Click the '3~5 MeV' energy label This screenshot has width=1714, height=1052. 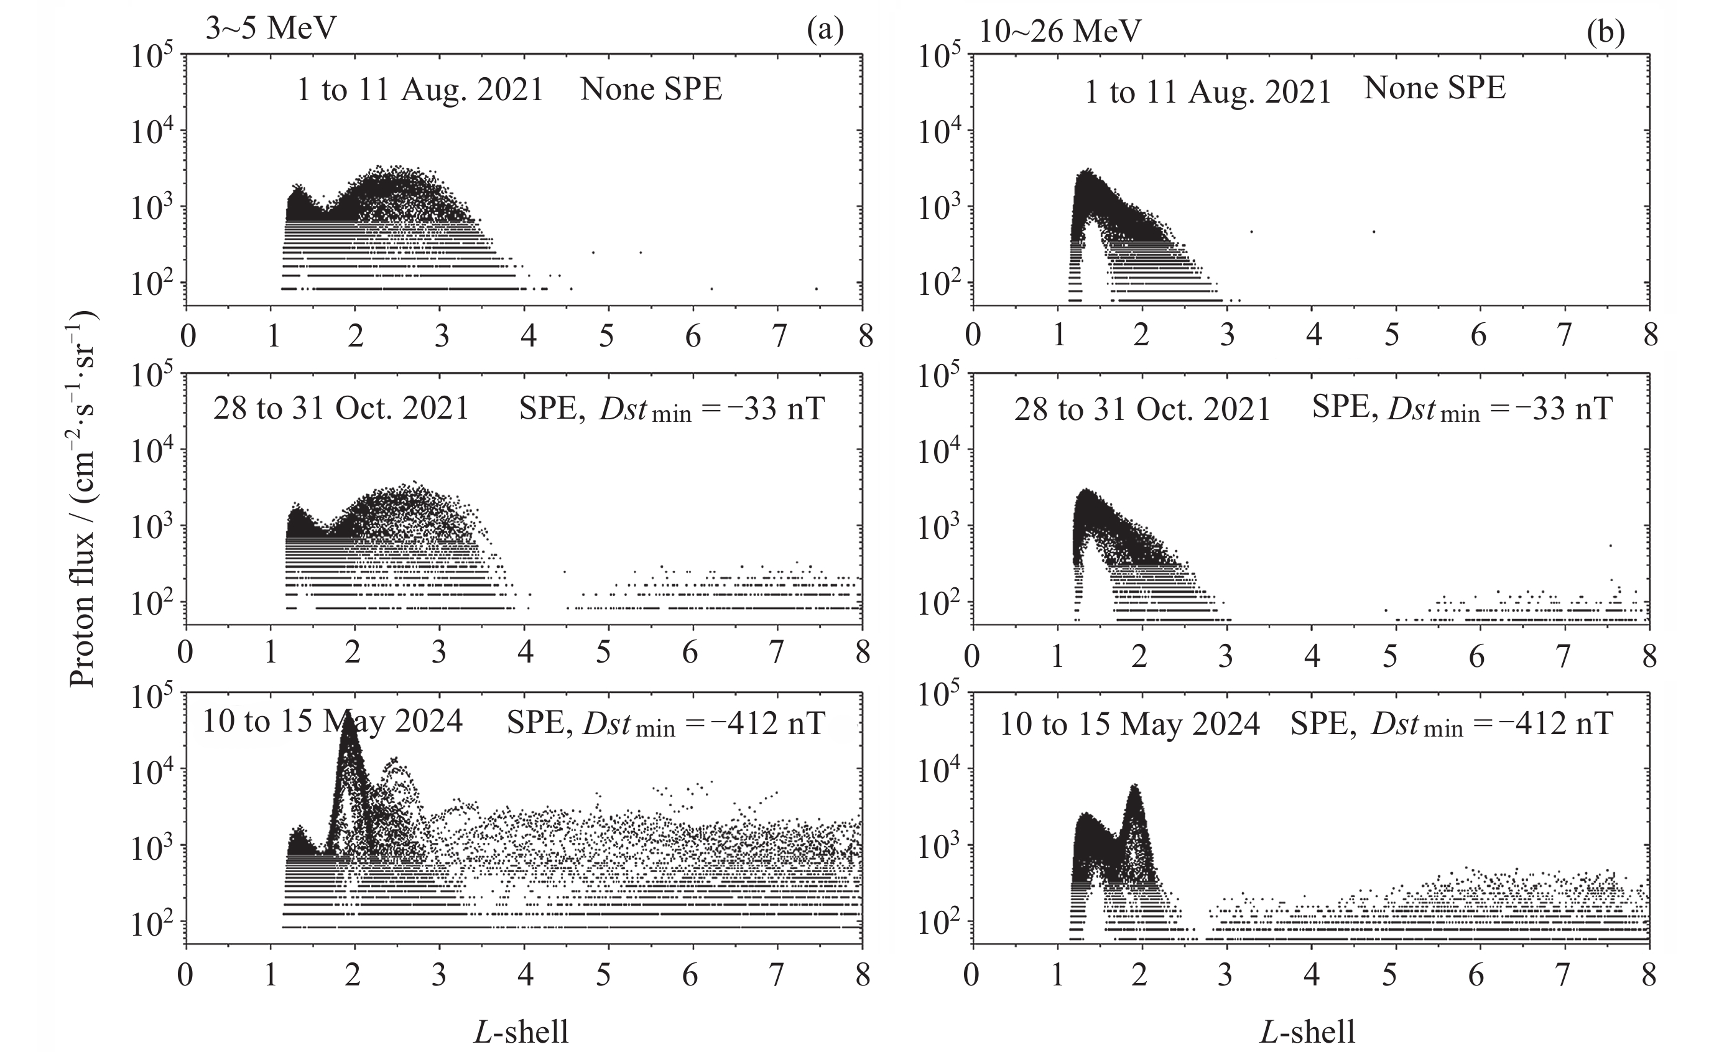click(271, 29)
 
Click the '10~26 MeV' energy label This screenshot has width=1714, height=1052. click(1059, 31)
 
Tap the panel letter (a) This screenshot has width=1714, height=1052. click(825, 30)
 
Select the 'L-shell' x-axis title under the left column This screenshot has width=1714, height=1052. click(521, 1030)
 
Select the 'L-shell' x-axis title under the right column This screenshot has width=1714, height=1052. click(1307, 1030)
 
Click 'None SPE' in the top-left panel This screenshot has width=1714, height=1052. click(651, 89)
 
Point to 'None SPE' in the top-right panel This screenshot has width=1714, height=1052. click(1434, 88)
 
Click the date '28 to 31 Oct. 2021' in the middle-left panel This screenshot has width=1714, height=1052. click(341, 408)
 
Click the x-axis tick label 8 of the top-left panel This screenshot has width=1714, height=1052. click(864, 337)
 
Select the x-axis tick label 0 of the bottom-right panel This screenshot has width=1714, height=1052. click(972, 975)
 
